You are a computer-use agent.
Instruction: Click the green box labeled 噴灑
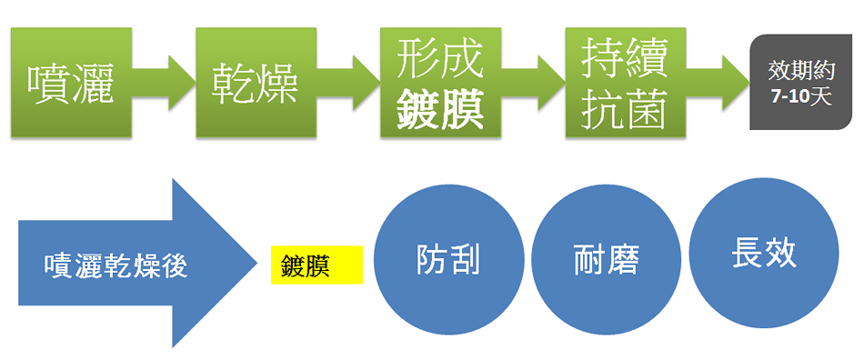point(71,82)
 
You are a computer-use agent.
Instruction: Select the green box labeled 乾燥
point(256,82)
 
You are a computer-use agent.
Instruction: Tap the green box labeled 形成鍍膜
point(440,82)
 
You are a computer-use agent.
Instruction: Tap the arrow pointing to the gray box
point(727,82)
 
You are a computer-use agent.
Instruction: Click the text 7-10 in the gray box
point(781,97)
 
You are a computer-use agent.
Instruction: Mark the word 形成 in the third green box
point(440,60)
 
